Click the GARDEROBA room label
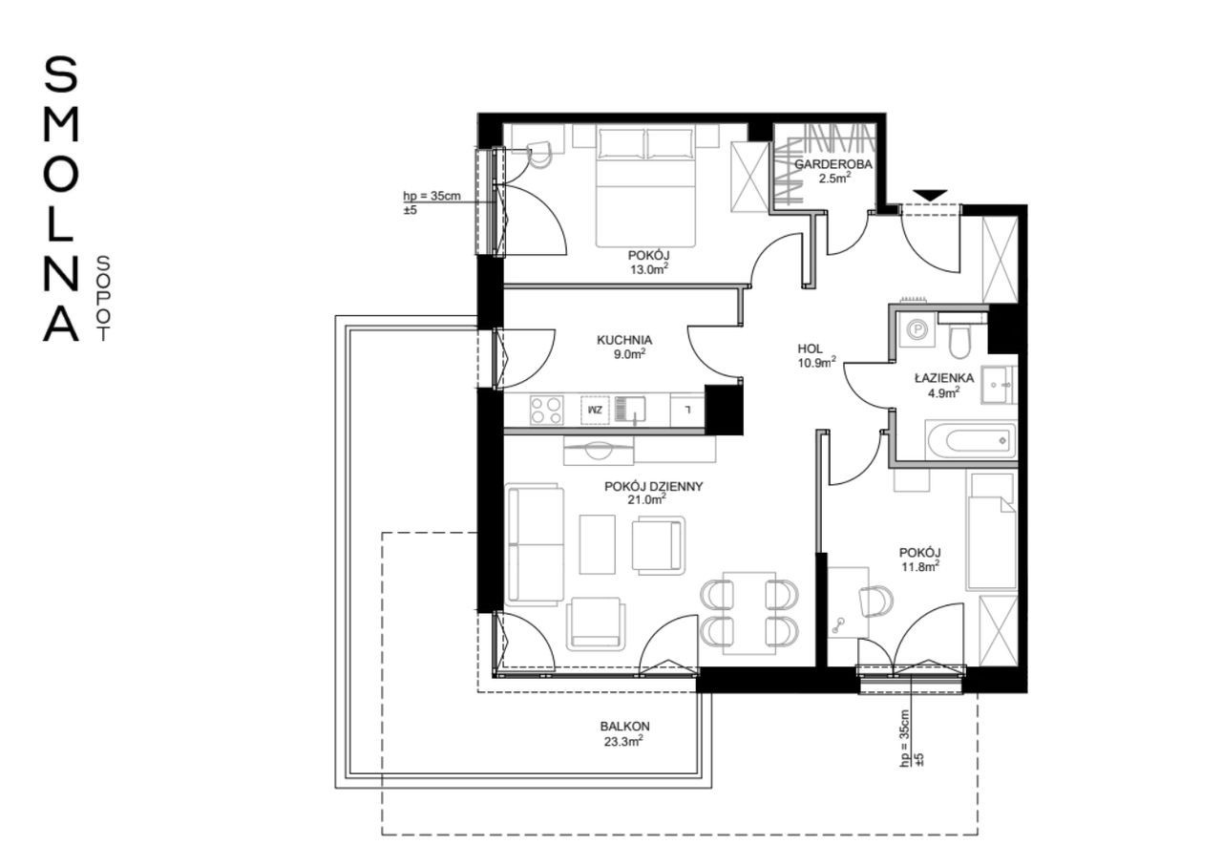click(833, 164)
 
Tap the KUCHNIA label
click(624, 340)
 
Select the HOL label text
click(811, 349)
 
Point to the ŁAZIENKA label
click(944, 377)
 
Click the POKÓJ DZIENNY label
click(654, 486)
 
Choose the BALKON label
click(624, 727)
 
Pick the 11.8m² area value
click(919, 566)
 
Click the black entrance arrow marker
click(930, 195)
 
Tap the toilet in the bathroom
click(958, 338)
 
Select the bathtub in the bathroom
click(971, 440)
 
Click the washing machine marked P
click(916, 329)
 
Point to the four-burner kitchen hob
click(546, 410)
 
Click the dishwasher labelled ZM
click(595, 410)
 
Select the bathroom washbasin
click(999, 385)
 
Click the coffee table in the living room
click(597, 544)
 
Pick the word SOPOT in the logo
click(102, 299)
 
